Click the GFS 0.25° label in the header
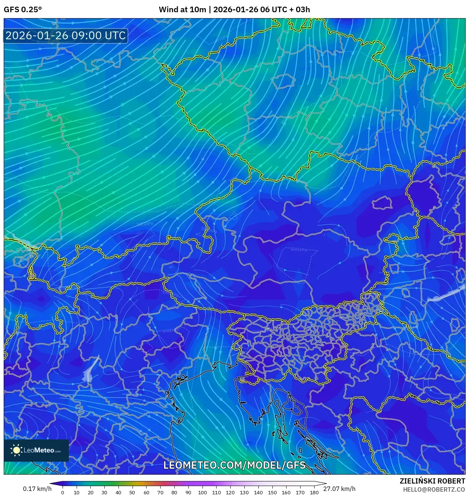(23, 10)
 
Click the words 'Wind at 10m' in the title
(182, 10)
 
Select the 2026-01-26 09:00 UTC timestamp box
(66, 36)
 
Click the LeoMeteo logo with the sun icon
(36, 450)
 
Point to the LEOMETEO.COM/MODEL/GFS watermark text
(234, 465)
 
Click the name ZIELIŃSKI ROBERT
(432, 481)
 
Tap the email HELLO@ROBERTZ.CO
(434, 489)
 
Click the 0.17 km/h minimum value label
(37, 489)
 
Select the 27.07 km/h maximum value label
(339, 489)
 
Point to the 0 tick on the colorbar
(63, 492)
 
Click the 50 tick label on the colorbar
(132, 492)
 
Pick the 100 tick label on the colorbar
(202, 492)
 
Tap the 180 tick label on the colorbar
(314, 492)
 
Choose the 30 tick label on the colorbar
(104, 492)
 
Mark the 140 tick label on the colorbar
(258, 492)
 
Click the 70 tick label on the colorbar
(160, 492)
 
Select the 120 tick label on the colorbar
(230, 492)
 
